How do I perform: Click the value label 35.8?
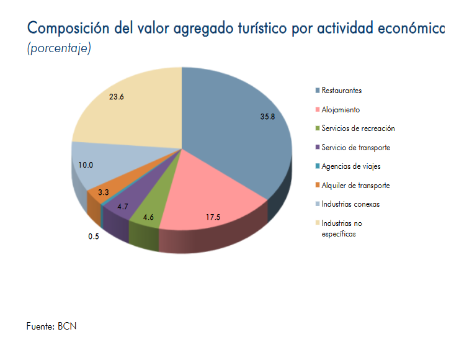click(x=268, y=117)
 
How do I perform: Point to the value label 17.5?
click(x=214, y=217)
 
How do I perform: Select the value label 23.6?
click(x=117, y=96)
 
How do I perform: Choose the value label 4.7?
click(x=122, y=207)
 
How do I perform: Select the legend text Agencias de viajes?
click(x=350, y=166)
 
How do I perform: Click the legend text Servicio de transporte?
click(x=355, y=147)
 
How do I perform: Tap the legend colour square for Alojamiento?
click(x=318, y=109)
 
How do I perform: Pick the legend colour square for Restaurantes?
click(x=318, y=91)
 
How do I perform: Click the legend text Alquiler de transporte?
click(x=355, y=185)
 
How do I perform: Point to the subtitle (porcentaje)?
click(x=59, y=48)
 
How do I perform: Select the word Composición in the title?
click(x=66, y=29)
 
